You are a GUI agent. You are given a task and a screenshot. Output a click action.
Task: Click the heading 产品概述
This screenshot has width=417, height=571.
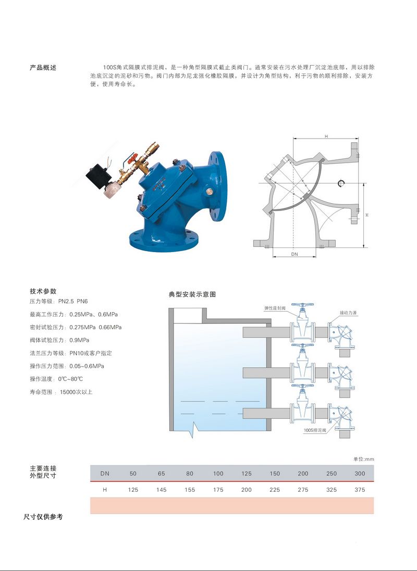[x=43, y=67]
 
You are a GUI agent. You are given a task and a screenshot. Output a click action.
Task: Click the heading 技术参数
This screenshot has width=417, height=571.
[x=43, y=291]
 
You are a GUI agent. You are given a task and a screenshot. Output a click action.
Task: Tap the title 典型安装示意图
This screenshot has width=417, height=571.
[x=192, y=294]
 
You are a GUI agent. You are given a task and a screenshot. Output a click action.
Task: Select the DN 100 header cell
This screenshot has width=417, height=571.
[x=218, y=474]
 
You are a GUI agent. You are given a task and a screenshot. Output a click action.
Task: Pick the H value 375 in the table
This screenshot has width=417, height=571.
[x=360, y=490]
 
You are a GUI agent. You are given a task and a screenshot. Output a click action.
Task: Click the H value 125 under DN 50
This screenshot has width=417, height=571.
[x=133, y=490]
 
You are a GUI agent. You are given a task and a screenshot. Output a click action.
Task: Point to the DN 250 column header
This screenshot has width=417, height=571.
[x=332, y=474]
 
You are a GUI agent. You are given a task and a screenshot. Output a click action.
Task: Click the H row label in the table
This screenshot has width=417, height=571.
[x=105, y=490]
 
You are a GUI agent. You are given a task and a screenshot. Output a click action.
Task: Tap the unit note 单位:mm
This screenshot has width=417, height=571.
[x=363, y=459]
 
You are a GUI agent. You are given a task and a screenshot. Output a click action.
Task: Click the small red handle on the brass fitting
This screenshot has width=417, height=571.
[x=132, y=158]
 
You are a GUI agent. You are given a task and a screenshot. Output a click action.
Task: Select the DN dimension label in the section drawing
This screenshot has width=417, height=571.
[x=295, y=254]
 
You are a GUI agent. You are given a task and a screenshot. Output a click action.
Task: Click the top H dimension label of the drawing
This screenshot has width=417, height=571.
[x=326, y=136]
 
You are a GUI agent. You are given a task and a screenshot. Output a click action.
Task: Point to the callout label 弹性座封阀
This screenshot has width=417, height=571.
[x=275, y=308]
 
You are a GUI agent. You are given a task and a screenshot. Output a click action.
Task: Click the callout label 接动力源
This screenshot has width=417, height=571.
[x=348, y=313]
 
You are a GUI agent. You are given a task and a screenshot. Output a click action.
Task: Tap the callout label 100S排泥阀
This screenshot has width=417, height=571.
[x=315, y=430]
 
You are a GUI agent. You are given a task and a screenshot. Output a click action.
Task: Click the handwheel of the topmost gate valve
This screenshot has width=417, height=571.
[x=302, y=304]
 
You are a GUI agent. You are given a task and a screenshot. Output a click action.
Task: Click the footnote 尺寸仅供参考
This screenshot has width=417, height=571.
[x=43, y=517]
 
